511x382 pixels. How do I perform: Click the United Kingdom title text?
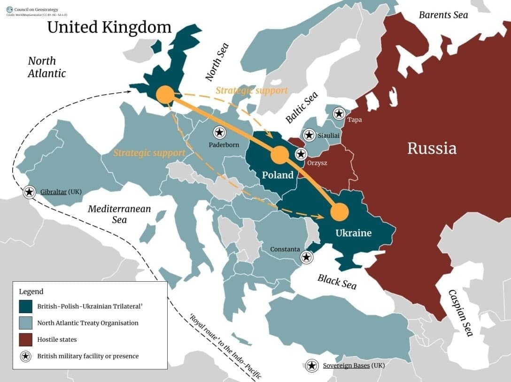click(109, 27)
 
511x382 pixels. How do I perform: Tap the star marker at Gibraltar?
click(29, 192)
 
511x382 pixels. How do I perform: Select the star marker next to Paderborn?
click(219, 132)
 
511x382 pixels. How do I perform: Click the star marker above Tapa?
click(339, 113)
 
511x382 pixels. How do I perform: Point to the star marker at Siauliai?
click(309, 135)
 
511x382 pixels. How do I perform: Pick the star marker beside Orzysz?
click(301, 154)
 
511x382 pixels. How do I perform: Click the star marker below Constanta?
click(306, 257)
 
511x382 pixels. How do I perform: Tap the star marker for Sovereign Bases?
click(311, 366)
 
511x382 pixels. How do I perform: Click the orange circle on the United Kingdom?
click(165, 94)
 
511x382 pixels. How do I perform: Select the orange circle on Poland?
click(280, 155)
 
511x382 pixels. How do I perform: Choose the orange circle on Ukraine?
click(340, 212)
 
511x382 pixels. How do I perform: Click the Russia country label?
click(432, 148)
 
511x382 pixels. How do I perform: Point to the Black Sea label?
click(337, 281)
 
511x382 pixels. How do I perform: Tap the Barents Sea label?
click(443, 15)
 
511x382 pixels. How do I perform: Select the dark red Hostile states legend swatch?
click(26, 339)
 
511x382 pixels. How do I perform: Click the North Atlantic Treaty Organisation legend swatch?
click(26, 323)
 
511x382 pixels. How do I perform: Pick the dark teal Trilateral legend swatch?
click(26, 307)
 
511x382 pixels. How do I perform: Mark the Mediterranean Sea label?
click(119, 214)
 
